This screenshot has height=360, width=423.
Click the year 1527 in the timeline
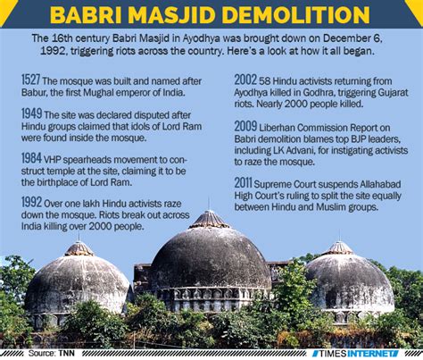[x=30, y=80]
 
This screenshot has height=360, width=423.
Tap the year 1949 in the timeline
[x=31, y=113]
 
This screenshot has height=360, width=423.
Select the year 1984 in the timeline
[x=31, y=158]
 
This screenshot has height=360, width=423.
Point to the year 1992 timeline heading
[x=31, y=203]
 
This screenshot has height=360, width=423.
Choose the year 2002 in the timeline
[x=245, y=80]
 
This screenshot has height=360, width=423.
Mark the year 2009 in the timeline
[x=245, y=126]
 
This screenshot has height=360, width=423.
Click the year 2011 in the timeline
[x=243, y=183]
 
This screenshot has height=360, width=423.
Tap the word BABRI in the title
[x=86, y=14]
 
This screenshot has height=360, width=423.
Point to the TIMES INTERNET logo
[x=355, y=354]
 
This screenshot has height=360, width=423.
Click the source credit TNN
[x=67, y=353]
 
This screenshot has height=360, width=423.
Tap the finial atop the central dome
[x=209, y=204]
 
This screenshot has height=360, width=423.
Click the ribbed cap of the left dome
[x=79, y=248]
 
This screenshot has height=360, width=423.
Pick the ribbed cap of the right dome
[x=339, y=247]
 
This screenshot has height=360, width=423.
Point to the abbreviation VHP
[x=52, y=160]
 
